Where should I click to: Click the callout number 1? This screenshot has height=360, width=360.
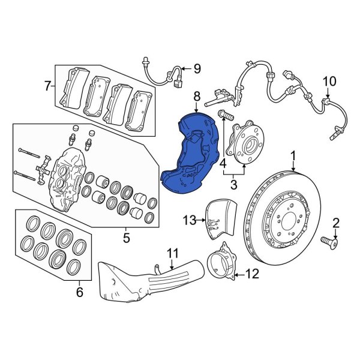point(294,156)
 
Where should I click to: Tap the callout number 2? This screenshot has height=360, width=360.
point(335,223)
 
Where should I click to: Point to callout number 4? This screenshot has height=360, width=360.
point(223,163)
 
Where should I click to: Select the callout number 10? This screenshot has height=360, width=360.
point(329,82)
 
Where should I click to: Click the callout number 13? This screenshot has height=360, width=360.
point(190,221)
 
